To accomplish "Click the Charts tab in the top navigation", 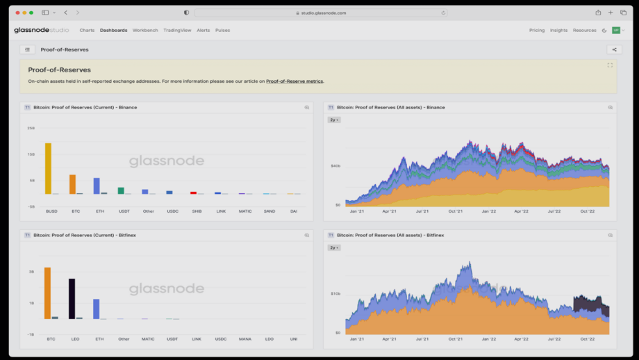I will [x=87, y=31].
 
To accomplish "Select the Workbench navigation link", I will [x=145, y=31].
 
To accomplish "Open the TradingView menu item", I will [x=177, y=31].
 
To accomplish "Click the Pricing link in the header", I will [x=537, y=31].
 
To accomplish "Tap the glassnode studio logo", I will [x=41, y=31].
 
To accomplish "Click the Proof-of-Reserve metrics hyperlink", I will [x=294, y=81].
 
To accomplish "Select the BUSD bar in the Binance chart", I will [x=48, y=169].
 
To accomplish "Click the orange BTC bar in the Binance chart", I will [x=72, y=184].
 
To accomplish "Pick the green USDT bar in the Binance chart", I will [x=121, y=190].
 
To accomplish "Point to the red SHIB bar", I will [x=194, y=193].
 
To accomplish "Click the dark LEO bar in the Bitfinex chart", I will [x=72, y=299].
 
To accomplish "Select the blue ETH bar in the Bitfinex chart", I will [x=97, y=309].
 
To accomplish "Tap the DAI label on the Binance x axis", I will [x=294, y=211].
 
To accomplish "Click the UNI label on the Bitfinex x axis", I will [x=294, y=339].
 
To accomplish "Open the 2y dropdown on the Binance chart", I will [x=334, y=120].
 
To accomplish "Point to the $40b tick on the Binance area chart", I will [x=335, y=166].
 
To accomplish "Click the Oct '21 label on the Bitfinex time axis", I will [x=456, y=339].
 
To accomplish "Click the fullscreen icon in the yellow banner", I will [x=610, y=65].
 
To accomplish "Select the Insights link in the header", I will [x=558, y=31].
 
